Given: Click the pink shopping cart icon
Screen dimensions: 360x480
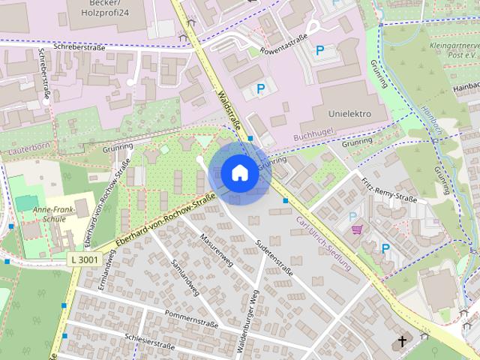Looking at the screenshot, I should pyautogui.click(x=358, y=229).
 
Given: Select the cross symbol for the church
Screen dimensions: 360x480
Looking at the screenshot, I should pyautogui.click(x=403, y=342).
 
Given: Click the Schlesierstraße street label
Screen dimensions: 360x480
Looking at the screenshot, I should pyautogui.click(x=150, y=343).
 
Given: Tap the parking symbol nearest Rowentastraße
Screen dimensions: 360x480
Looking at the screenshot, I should pyautogui.click(x=320, y=51).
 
